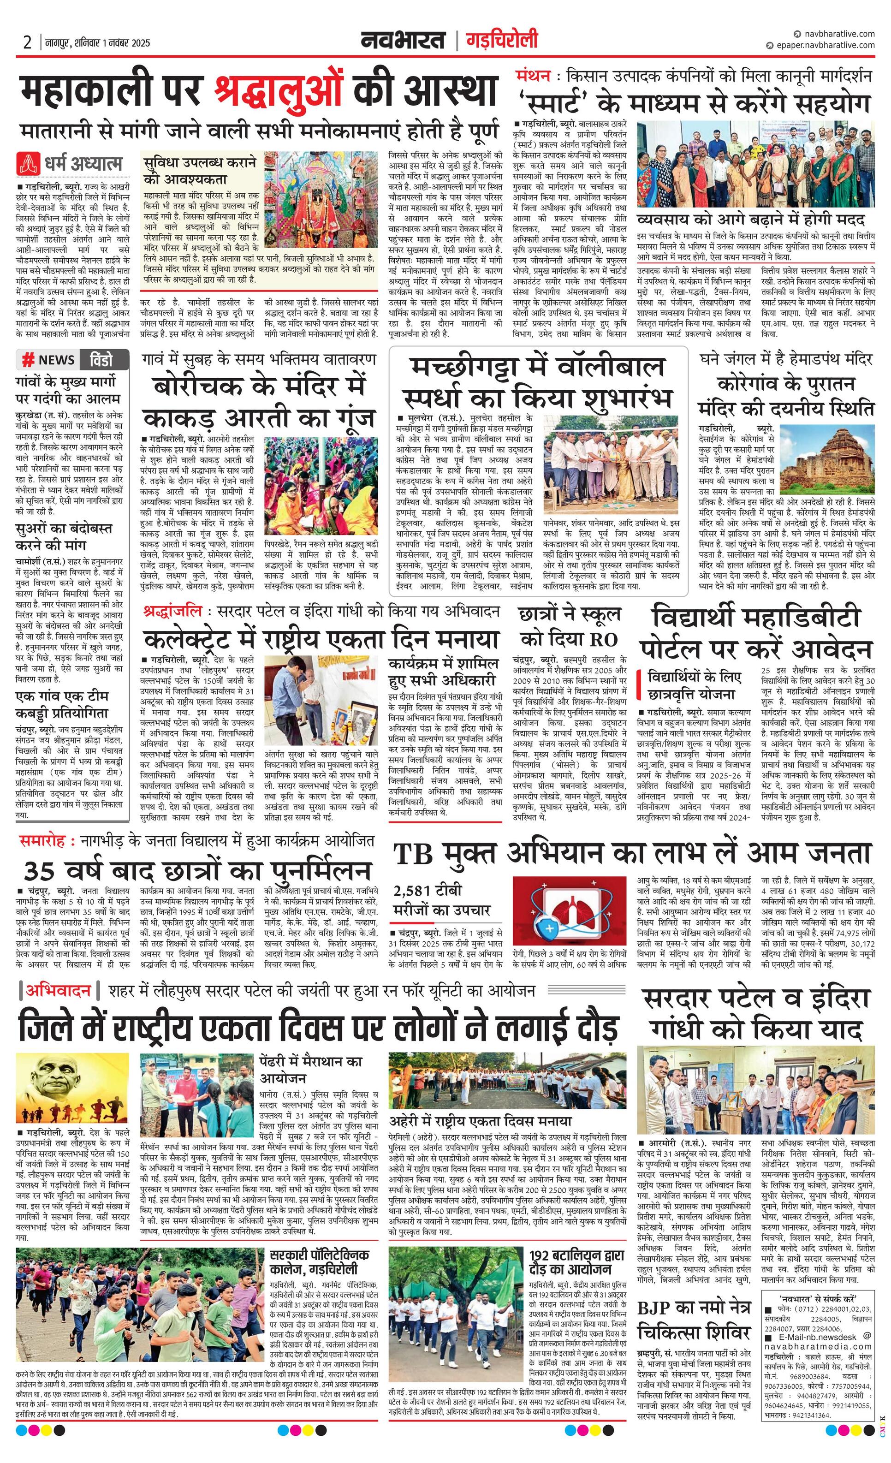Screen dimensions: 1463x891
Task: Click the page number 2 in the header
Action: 27,42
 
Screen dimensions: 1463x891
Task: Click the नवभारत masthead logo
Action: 403,41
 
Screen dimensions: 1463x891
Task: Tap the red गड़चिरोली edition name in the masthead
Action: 502,41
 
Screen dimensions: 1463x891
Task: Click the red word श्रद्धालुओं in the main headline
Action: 279,91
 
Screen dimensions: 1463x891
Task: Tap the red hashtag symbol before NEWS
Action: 27,360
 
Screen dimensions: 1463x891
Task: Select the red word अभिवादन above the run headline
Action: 58,990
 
